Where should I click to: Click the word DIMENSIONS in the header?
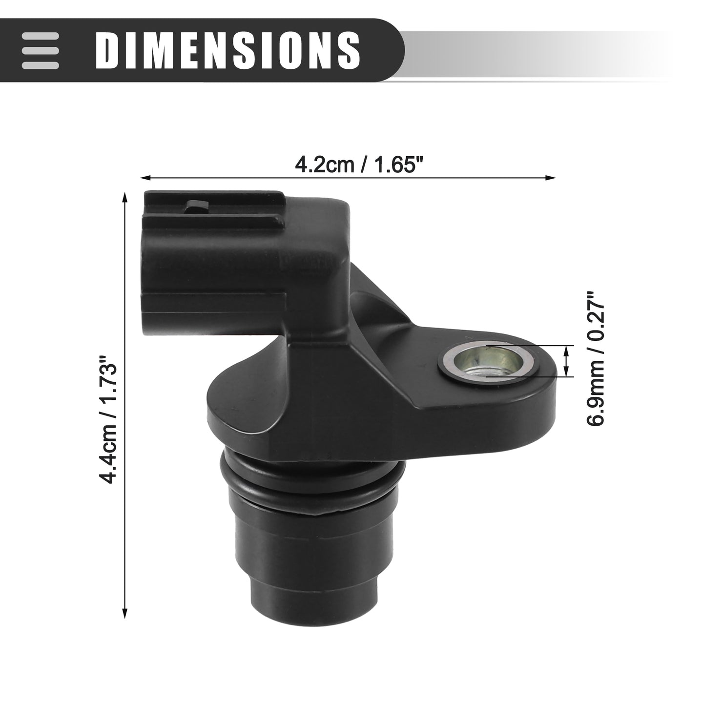[x=228, y=50]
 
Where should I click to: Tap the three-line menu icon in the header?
[x=41, y=51]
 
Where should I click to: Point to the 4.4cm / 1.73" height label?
[x=109, y=420]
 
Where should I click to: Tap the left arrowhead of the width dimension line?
[x=145, y=178]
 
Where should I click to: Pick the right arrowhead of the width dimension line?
[x=550, y=178]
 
